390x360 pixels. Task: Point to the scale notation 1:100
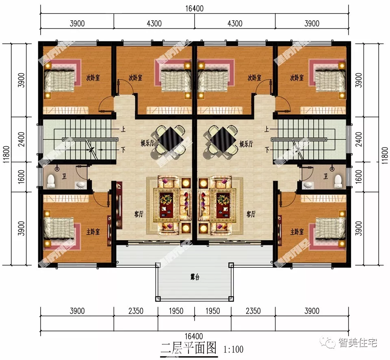coord(233,349)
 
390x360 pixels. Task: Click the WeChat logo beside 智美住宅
coord(330,343)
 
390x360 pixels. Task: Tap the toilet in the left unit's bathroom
coord(51,182)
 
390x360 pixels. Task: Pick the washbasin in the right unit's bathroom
coord(308,185)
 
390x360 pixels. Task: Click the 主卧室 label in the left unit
coord(92,231)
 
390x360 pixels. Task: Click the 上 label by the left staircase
coord(123,130)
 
